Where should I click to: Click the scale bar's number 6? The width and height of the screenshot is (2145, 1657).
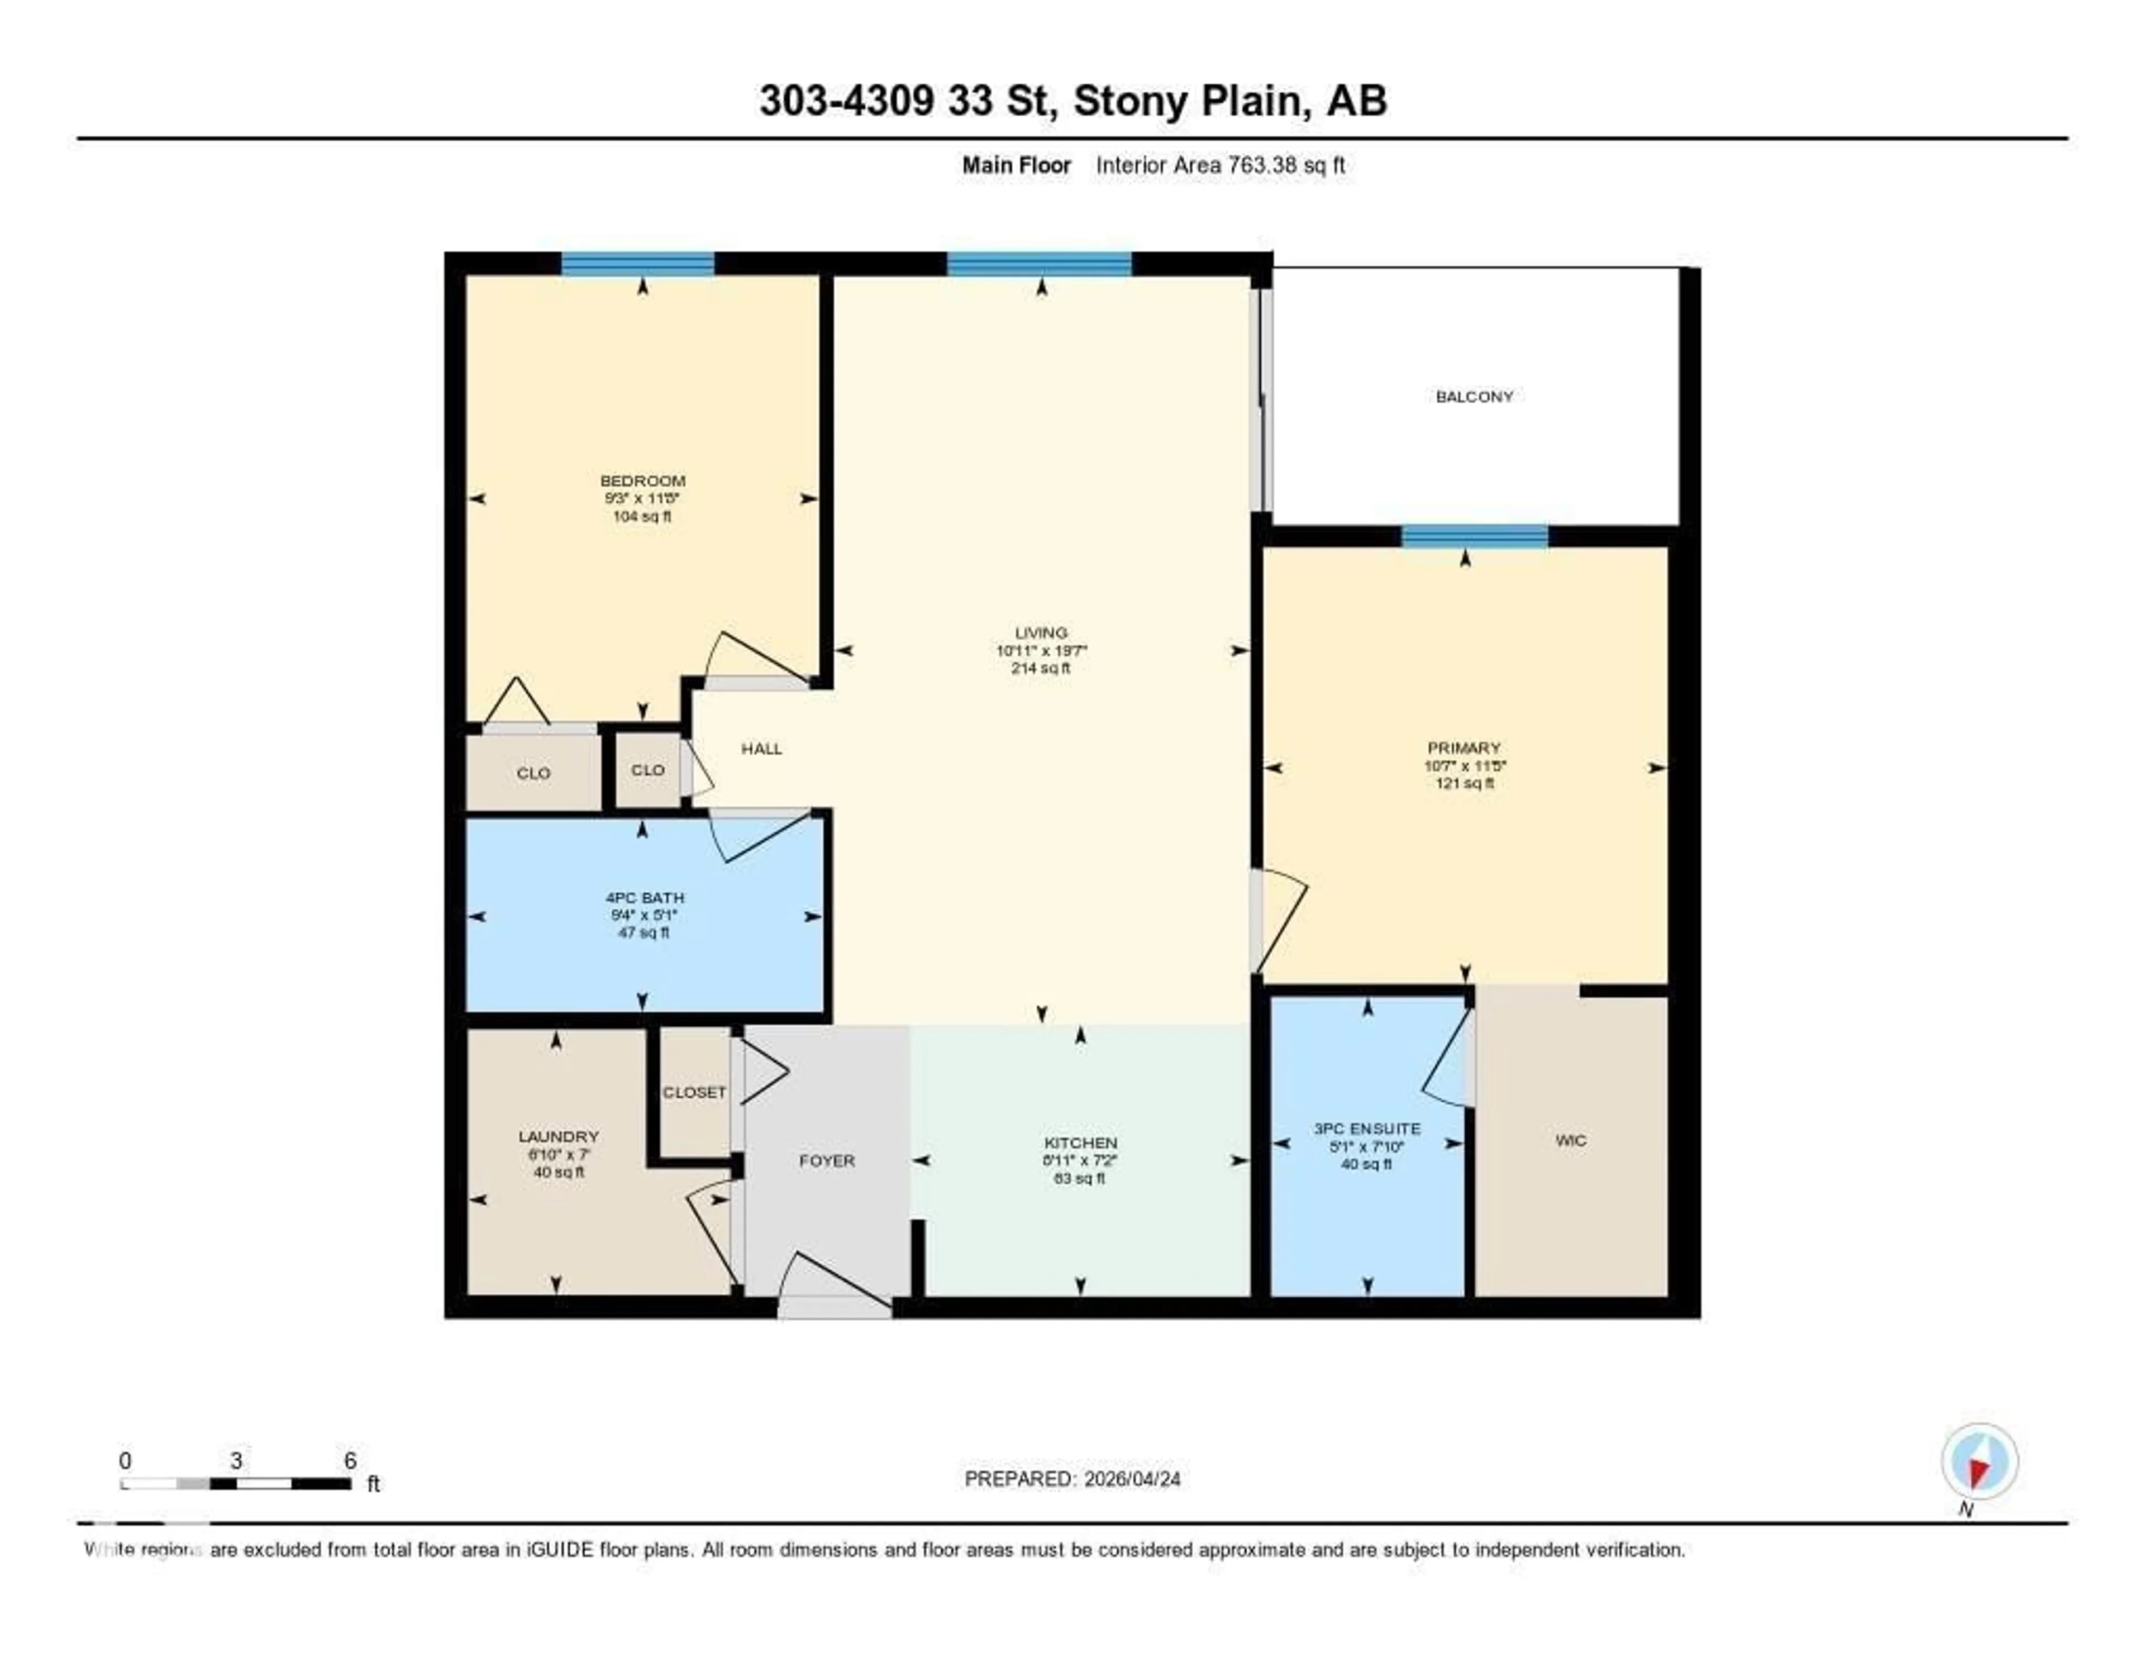[x=351, y=1460]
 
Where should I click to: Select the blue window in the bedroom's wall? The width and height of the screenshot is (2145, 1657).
[x=637, y=263]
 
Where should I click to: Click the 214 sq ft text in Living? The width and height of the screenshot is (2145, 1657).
[x=1041, y=669]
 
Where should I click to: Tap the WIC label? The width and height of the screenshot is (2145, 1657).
[x=1570, y=1140]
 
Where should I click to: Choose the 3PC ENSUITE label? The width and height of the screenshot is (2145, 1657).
[x=1367, y=1129]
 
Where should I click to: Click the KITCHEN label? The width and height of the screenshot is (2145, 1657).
[x=1080, y=1142]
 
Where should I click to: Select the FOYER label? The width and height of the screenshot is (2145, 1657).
[x=827, y=1161]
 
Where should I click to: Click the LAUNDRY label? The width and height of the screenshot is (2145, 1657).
[x=558, y=1136]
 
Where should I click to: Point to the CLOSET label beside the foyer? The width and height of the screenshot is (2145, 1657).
[x=694, y=1092]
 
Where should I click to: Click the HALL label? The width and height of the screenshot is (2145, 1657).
[x=761, y=749]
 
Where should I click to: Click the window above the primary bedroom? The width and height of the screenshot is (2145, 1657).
[x=1474, y=536]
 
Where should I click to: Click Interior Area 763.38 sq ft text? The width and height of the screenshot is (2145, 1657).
[x=1220, y=165]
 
